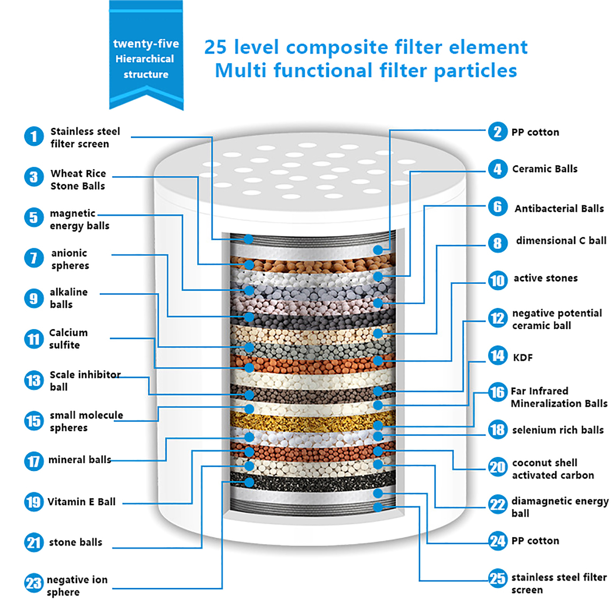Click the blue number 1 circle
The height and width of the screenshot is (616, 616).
point(34,136)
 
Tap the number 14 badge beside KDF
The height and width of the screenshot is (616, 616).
point(497,355)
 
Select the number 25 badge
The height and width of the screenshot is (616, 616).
point(497,578)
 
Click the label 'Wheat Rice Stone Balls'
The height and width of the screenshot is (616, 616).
point(78,180)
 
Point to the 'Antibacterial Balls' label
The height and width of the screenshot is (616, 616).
point(559,209)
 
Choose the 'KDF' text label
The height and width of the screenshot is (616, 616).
point(523,358)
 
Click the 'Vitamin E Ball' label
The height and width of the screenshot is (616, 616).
point(82,502)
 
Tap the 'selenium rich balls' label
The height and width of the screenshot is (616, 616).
point(558,430)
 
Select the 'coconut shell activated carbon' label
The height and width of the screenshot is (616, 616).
point(553,469)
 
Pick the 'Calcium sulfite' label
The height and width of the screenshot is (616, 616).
point(68,339)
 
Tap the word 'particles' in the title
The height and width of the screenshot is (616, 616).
point(475,71)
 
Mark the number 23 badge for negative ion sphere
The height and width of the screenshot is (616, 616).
point(34,583)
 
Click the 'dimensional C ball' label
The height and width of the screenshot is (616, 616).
point(561,241)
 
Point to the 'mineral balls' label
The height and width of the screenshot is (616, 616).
point(80,460)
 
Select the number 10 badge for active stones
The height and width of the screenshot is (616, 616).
point(497,280)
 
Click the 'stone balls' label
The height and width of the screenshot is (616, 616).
point(75,542)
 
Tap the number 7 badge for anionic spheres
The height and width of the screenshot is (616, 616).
point(34,258)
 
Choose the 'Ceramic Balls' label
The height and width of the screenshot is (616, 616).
point(545,169)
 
